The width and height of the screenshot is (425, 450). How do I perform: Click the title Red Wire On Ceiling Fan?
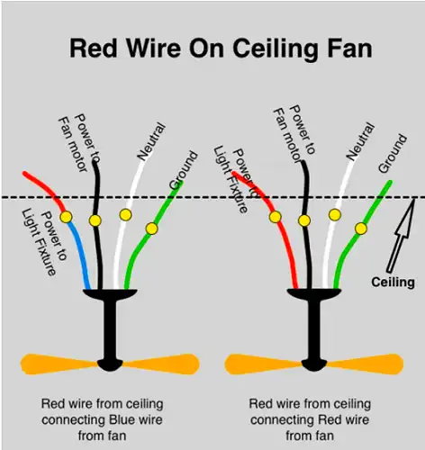[x=221, y=49]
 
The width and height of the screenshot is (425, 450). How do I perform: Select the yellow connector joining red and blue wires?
[x=67, y=217]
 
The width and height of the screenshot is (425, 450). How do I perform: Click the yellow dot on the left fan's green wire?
[x=152, y=229]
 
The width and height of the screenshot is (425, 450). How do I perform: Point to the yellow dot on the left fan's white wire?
[x=125, y=215]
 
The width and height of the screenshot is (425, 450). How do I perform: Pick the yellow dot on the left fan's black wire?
[x=95, y=220]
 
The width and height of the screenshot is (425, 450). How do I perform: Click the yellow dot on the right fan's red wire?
[x=276, y=217]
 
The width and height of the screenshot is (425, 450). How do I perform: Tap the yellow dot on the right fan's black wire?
[x=304, y=220]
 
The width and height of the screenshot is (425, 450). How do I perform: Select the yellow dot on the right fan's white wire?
[x=335, y=215]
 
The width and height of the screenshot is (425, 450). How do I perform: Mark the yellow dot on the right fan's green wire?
[x=361, y=229]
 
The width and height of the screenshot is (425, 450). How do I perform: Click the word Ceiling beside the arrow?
[x=393, y=283]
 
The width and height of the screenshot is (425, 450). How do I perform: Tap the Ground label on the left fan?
[x=184, y=170]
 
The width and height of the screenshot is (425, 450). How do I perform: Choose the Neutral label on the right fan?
[x=360, y=140]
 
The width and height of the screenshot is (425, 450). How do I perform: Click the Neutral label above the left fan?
[x=151, y=140]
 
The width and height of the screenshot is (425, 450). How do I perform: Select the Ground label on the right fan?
[x=393, y=153]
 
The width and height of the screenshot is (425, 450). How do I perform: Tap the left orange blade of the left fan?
[x=59, y=364]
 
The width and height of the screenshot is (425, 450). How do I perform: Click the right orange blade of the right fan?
[x=365, y=364]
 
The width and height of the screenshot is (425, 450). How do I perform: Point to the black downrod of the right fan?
[x=314, y=330]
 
